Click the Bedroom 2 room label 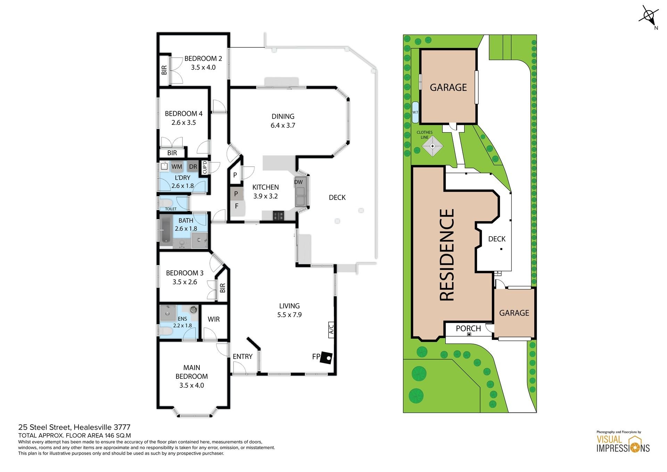(203, 58)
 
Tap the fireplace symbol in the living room (327, 358)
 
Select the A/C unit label (331, 329)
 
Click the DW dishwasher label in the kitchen (298, 182)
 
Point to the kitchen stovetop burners (278, 216)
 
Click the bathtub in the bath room (165, 229)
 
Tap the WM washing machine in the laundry (176, 167)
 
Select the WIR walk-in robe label (214, 319)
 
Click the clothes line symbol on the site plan (433, 146)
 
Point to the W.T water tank (415, 112)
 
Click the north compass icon (649, 16)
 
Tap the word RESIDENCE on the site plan (447, 255)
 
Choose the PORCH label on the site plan (468, 328)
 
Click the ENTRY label (242, 357)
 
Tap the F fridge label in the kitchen (237, 206)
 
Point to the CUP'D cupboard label (205, 167)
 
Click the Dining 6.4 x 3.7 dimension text (283, 126)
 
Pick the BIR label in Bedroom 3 (223, 288)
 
